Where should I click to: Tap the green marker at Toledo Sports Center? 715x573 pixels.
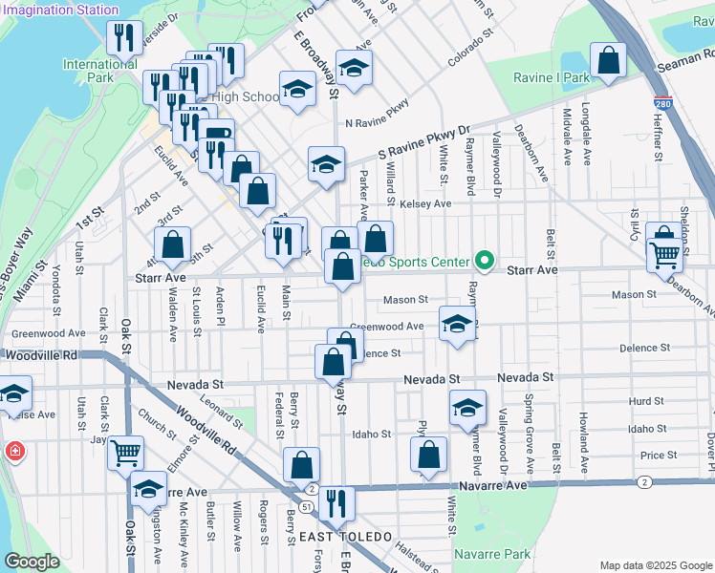coord(485,261)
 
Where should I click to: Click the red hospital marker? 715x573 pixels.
coord(15,451)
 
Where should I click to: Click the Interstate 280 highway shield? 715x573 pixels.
coord(662,102)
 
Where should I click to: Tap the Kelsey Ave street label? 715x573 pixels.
coord(425,203)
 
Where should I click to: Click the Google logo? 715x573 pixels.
coord(32,562)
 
